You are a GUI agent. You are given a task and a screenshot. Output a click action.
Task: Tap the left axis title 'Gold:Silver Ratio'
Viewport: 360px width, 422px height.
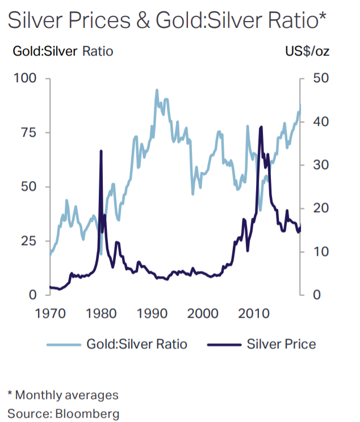[x=62, y=52]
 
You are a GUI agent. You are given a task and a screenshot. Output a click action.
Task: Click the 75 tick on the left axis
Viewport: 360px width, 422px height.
[x=28, y=133]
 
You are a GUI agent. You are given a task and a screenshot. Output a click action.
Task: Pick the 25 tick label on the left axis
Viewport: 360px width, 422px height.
[x=28, y=241]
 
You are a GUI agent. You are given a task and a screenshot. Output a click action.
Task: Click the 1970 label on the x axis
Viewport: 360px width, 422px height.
[x=49, y=314]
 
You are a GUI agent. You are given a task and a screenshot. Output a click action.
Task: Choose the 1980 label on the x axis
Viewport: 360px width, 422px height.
[x=101, y=314]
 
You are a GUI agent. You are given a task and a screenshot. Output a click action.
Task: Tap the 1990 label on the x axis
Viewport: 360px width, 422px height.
[x=152, y=314]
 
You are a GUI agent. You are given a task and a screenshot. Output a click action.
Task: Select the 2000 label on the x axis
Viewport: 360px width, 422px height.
[x=203, y=314]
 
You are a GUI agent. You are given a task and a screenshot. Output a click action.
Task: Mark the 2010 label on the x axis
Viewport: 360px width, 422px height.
[x=253, y=314]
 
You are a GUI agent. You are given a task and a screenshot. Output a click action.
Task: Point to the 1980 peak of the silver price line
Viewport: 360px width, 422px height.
[x=101, y=151]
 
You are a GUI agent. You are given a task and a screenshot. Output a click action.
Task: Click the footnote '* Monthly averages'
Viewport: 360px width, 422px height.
[x=62, y=395]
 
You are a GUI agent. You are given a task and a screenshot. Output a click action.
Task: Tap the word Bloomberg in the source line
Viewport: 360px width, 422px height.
[x=85, y=413]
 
